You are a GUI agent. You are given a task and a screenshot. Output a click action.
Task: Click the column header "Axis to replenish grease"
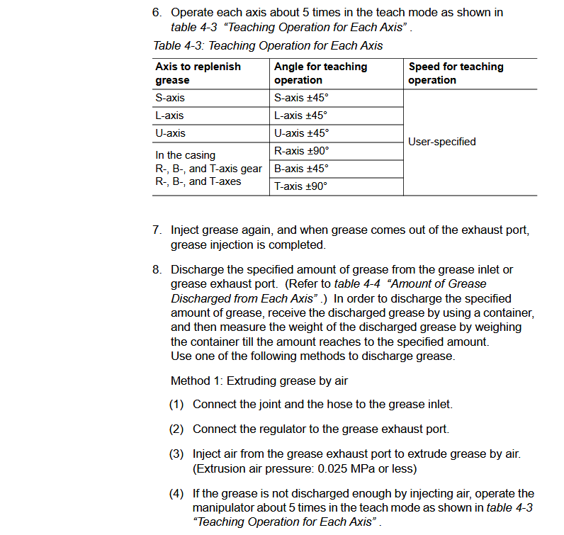pos(198,73)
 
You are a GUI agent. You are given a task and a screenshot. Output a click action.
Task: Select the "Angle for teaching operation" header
pos(320,73)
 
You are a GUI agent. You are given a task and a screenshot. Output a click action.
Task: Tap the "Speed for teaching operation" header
pos(456,73)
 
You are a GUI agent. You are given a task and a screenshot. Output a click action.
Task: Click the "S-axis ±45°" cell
pos(300,98)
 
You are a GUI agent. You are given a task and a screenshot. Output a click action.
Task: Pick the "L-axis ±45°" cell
pos(300,116)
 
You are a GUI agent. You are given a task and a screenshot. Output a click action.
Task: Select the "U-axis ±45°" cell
pos(301,133)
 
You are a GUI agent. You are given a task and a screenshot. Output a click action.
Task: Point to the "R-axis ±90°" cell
pos(301,151)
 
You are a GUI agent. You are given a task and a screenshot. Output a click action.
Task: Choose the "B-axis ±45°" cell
pos(301,169)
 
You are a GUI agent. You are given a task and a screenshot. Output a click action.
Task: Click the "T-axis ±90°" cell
pos(300,186)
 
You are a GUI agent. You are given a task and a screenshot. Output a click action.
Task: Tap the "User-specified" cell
pos(442,142)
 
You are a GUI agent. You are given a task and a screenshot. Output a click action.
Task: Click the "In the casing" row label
pos(185,155)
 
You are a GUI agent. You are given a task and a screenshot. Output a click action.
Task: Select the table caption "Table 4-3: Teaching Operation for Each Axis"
pos(268,46)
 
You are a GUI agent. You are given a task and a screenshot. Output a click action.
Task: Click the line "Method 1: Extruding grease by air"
pos(259,381)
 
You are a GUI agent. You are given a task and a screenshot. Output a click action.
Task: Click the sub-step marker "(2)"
pos(176,429)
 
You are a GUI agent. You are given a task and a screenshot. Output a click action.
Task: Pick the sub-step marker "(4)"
pos(176,493)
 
